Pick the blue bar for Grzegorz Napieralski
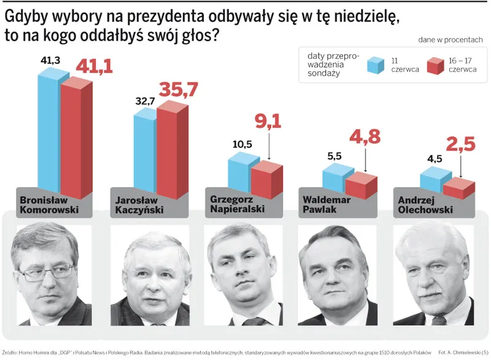(239, 173)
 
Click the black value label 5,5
(335, 156)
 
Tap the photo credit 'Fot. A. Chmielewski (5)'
(458, 352)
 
